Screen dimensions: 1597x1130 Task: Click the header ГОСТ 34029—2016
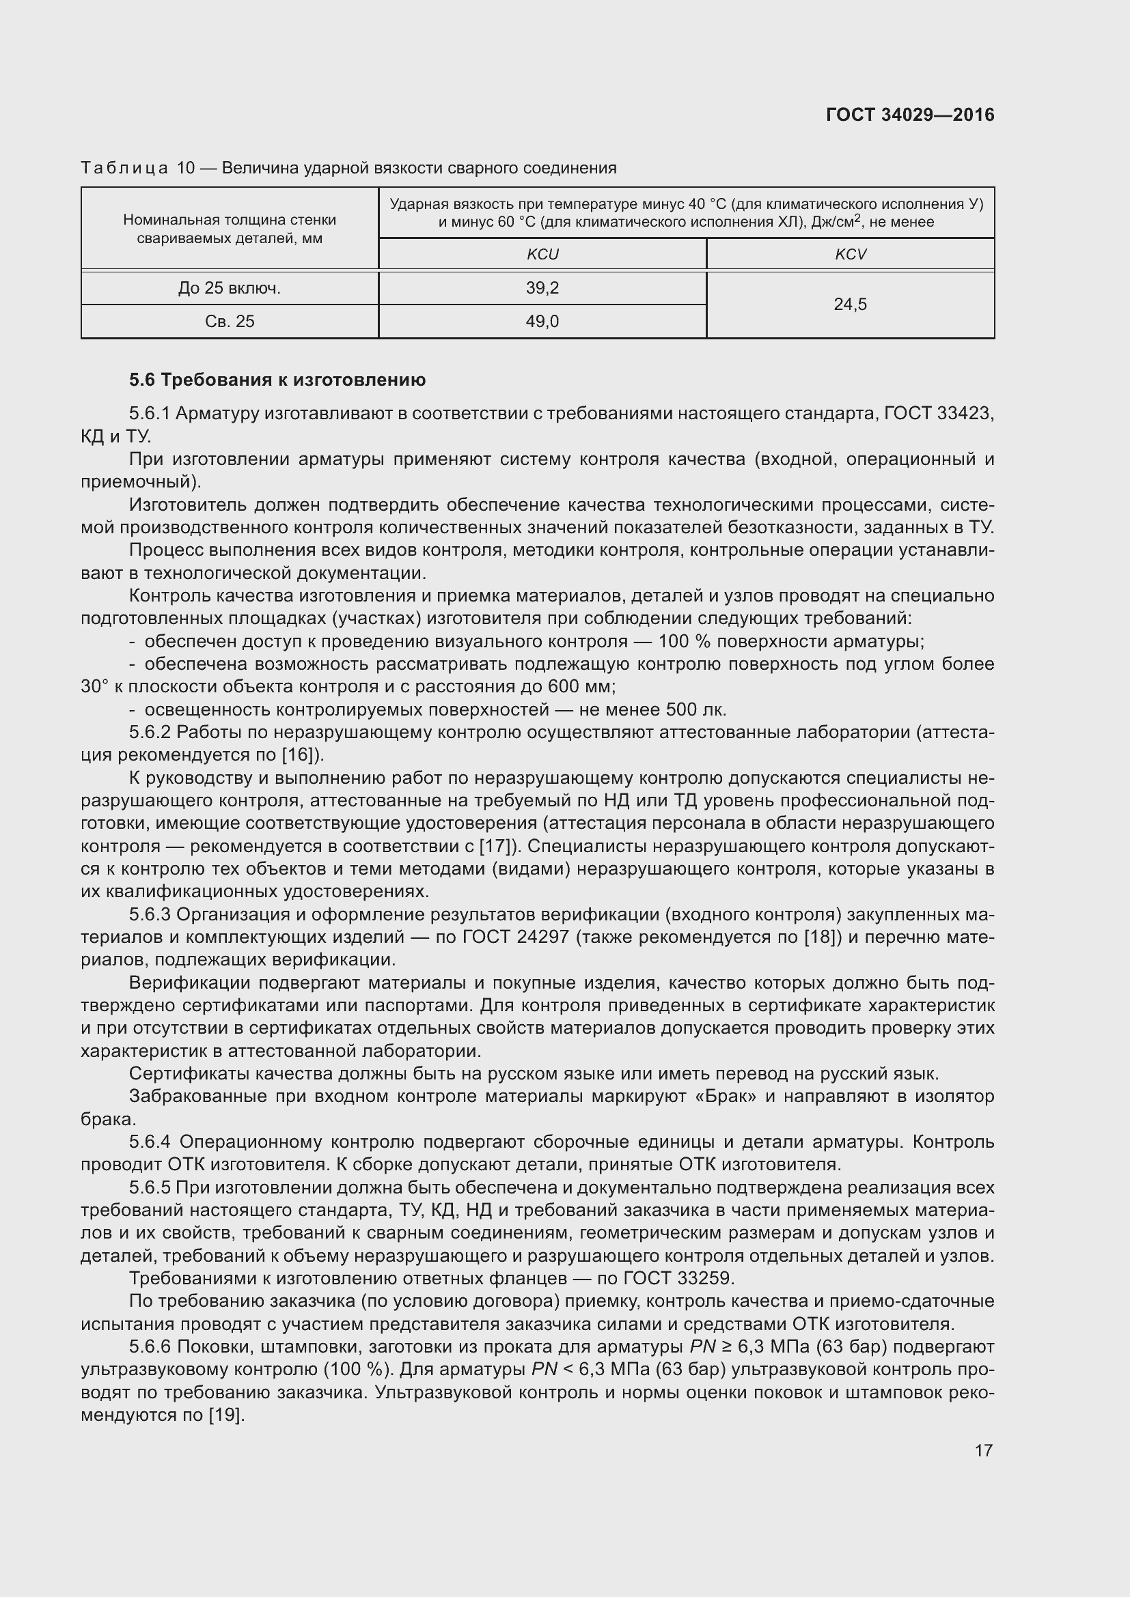pos(910,115)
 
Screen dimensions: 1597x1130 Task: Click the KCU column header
pos(542,255)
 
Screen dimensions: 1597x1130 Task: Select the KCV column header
pos(851,255)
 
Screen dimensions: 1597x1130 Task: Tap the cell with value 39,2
pos(542,288)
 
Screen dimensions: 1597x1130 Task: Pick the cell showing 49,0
pos(542,322)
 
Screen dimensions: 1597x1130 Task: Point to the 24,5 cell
pos(851,305)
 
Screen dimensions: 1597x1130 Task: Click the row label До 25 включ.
pos(230,288)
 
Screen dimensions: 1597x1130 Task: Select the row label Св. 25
pos(230,322)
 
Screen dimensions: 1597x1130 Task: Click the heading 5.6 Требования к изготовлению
pos(277,380)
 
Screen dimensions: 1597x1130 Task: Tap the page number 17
pos(983,1450)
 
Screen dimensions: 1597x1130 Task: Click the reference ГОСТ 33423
pos(939,414)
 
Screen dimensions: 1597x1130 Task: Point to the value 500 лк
pos(695,709)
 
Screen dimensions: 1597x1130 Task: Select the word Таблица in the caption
pos(124,169)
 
